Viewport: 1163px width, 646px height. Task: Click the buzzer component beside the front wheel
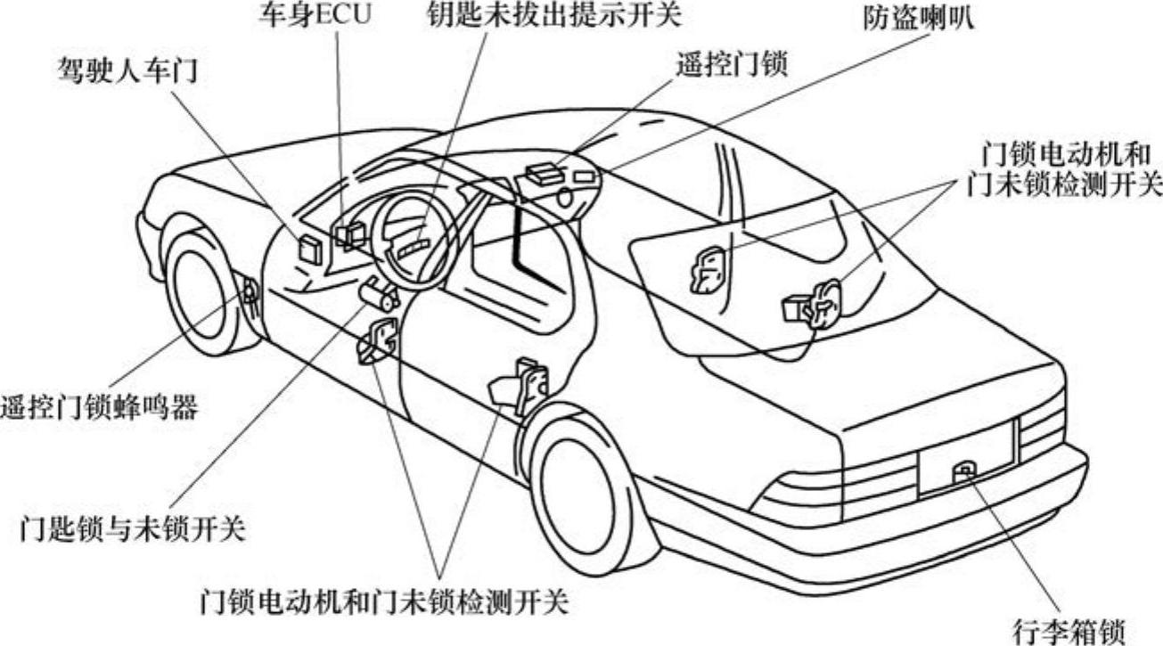point(249,290)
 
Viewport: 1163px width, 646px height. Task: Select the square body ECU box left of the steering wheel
point(309,249)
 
